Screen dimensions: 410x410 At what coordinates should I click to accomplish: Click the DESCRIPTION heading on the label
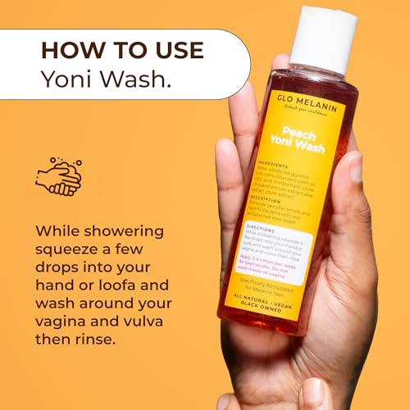click(276, 200)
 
